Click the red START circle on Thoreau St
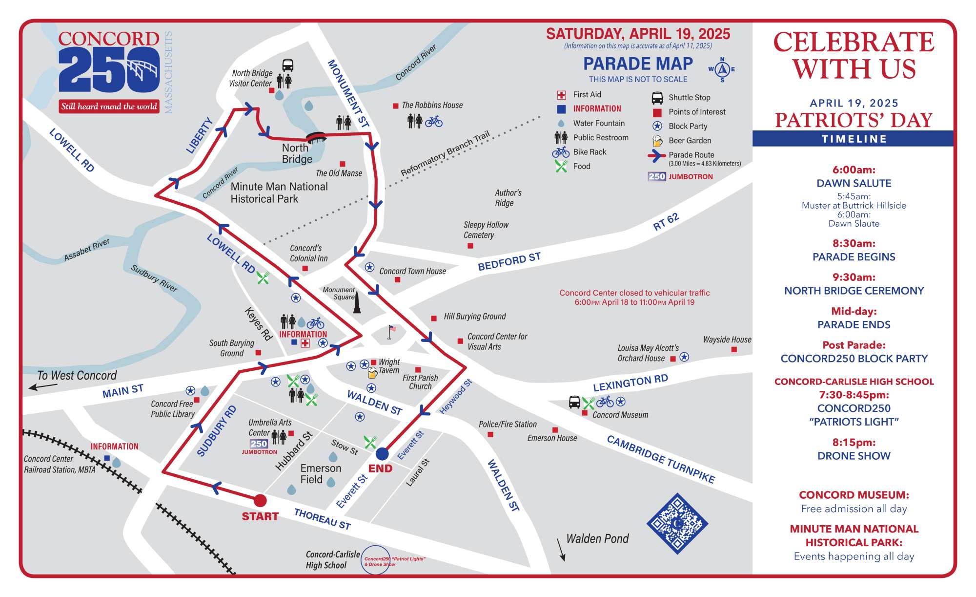[x=260, y=500]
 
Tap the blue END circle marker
[x=382, y=454]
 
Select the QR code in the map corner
[x=677, y=524]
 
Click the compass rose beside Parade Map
[x=722, y=69]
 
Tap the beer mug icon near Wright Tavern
[x=372, y=373]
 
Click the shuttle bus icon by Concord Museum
[x=574, y=402]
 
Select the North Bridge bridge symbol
[x=316, y=137]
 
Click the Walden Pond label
[x=597, y=538]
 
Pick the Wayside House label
[x=727, y=340]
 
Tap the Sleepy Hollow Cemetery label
[x=486, y=230]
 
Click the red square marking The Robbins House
[x=396, y=106]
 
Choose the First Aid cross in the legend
[x=561, y=95]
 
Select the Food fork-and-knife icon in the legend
[x=561, y=167]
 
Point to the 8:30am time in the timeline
[x=854, y=243]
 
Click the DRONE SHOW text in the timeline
[x=854, y=456]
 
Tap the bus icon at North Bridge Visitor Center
[x=288, y=65]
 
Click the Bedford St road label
[x=509, y=261]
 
